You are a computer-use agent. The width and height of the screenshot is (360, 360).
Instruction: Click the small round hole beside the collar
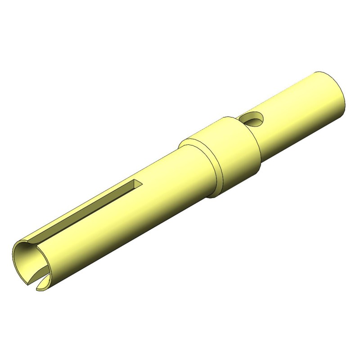[x=252, y=120]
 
